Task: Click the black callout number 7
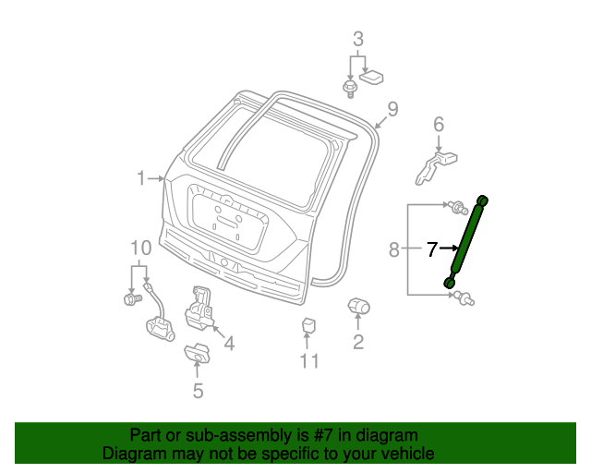tap(432, 249)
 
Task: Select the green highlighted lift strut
tap(466, 241)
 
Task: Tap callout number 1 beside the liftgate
tap(141, 178)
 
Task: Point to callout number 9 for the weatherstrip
tap(392, 109)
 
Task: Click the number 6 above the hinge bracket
tap(439, 125)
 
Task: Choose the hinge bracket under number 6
tap(436, 168)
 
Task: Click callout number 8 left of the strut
tap(394, 249)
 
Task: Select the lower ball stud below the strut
tap(464, 297)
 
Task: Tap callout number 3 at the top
tap(358, 39)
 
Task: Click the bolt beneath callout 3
tap(350, 89)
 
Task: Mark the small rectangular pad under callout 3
tap(371, 77)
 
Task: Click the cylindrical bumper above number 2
tap(358, 306)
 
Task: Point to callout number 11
tap(309, 361)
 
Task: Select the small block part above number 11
tap(308, 325)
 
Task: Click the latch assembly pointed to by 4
tap(199, 309)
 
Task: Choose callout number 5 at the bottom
tap(199, 391)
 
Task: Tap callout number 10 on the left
tap(141, 248)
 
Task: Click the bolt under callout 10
tap(133, 299)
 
